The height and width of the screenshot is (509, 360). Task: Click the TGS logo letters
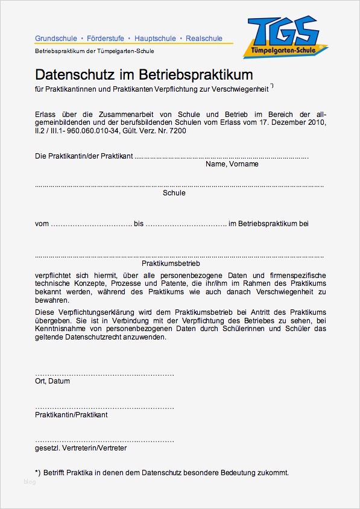pos(283,30)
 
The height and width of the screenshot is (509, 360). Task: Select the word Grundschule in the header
pos(55,39)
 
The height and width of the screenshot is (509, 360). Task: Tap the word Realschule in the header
pos(204,39)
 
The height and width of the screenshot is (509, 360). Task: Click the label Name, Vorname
pos(232,164)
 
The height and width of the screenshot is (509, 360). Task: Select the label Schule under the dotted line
pos(174,193)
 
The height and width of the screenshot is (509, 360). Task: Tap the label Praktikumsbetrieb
pos(171,264)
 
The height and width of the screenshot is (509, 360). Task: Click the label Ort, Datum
pos(52,381)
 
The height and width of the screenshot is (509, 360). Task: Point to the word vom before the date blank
pos(42,224)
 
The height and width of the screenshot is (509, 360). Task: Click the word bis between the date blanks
pos(139,224)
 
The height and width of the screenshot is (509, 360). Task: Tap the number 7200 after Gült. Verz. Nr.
pos(178,130)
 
